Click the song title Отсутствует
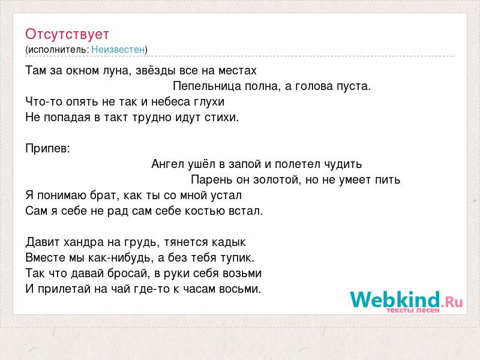(x=67, y=34)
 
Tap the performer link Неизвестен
(x=118, y=49)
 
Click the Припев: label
(x=48, y=149)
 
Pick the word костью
(x=205, y=211)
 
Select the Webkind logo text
(x=395, y=299)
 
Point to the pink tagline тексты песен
(x=413, y=310)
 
